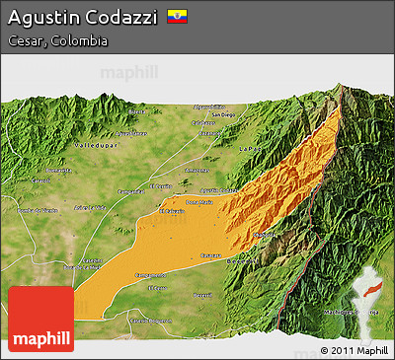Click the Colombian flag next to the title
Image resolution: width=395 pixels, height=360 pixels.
tap(177, 17)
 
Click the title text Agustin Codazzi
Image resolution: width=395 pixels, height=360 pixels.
tap(81, 18)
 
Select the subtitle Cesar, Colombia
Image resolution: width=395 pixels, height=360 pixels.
tap(56, 41)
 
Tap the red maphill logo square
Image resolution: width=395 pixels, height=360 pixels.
tap(40, 319)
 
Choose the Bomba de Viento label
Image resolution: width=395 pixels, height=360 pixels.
tap(39, 210)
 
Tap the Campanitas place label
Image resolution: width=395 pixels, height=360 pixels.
tap(129, 190)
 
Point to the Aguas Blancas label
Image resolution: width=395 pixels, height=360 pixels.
tap(90, 207)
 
